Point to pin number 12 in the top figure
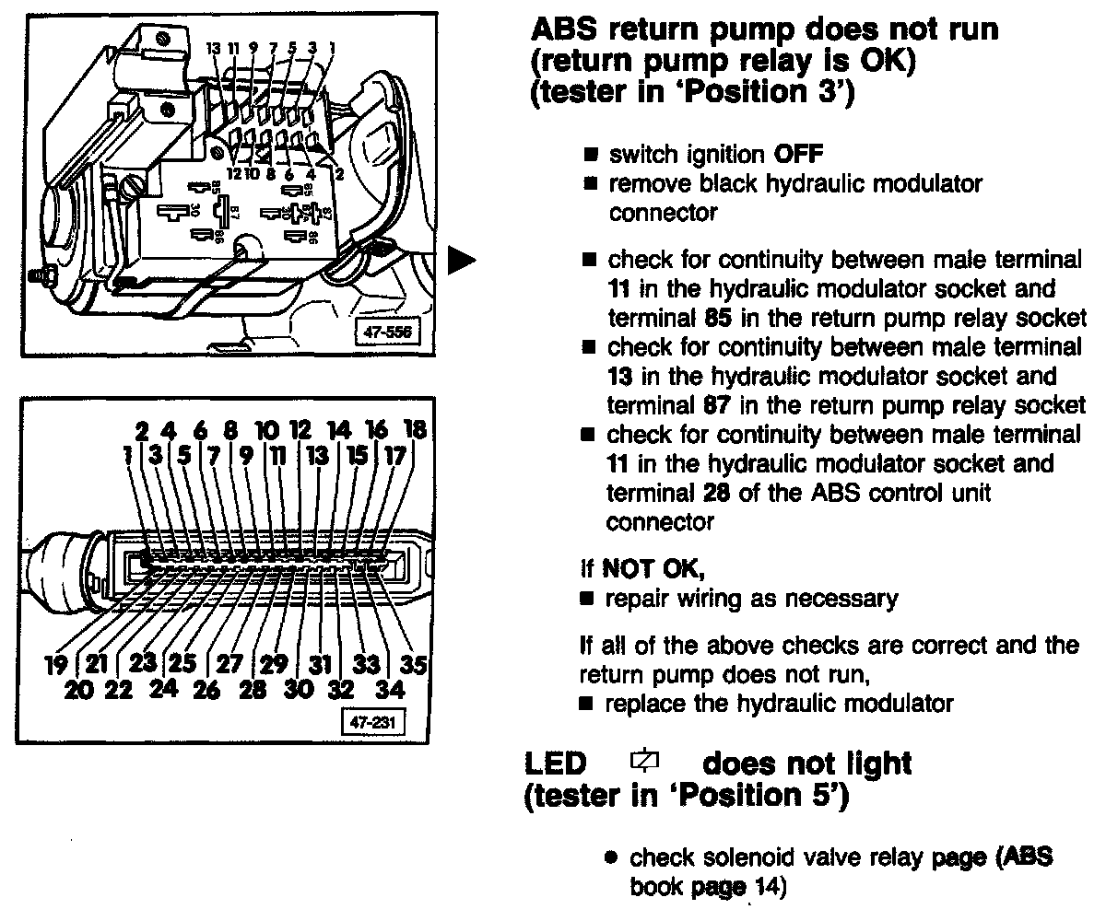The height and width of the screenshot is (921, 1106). click(234, 172)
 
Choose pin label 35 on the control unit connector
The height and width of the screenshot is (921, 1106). click(415, 665)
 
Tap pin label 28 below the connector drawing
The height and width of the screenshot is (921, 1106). click(253, 689)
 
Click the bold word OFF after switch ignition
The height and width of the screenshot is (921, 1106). click(804, 156)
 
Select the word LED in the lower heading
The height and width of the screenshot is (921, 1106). click(556, 764)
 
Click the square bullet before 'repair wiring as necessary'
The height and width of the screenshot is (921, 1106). click(586, 599)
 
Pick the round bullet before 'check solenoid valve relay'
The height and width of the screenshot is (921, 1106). click(611, 858)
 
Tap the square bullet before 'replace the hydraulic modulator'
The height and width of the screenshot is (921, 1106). click(586, 705)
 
